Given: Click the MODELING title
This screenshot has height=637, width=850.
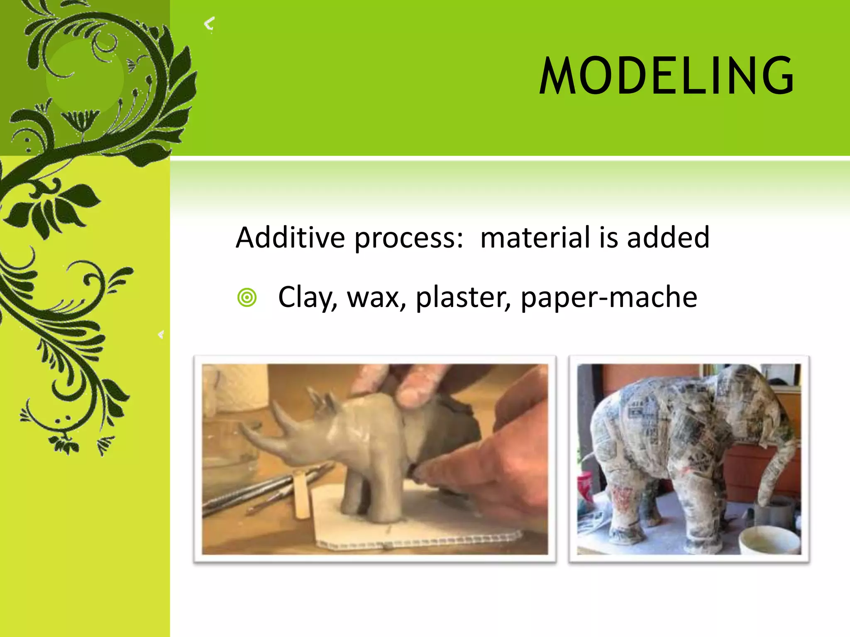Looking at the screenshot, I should pos(666,76).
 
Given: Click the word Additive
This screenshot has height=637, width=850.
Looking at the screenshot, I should pos(290,238).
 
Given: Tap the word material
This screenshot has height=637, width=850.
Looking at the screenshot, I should pos(537,238).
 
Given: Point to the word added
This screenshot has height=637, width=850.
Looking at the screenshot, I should pos(668,238).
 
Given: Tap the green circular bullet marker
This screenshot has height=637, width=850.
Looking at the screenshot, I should pos(247,297).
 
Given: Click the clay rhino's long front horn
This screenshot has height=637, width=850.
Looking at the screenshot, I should pos(257,433).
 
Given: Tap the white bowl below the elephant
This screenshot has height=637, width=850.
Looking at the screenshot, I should pos(770,539).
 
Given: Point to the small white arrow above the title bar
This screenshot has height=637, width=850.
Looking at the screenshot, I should pos(210,24).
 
